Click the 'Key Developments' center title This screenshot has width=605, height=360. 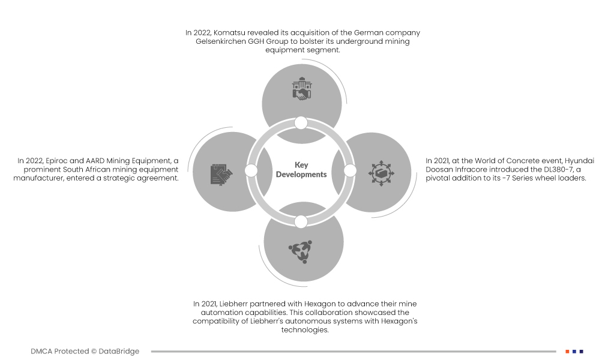pos(301,170)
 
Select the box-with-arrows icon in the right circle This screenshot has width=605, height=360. pos(380,173)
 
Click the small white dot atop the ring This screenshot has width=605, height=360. pos(301,123)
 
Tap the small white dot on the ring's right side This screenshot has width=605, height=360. pos(350,171)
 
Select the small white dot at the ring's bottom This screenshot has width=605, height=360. pos(301,221)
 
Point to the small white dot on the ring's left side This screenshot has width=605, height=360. pos(251,171)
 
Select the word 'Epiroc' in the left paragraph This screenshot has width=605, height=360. pos(56,161)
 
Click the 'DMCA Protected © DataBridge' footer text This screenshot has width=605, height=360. pos(85,352)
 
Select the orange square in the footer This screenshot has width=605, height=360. pos(567,352)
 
